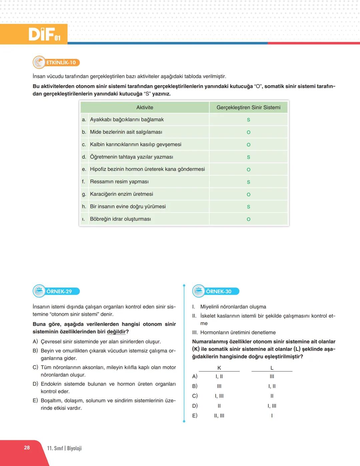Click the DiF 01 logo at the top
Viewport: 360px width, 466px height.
(44, 34)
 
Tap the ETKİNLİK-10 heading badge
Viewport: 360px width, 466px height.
(56, 62)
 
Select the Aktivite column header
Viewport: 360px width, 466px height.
(145, 107)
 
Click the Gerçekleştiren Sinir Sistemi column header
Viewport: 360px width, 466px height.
(248, 107)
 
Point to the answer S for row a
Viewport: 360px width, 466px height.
(248, 120)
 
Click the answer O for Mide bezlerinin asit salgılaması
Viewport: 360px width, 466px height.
(248, 132)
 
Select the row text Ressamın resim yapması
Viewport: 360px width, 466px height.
(119, 182)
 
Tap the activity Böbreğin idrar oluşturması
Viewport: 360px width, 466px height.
(120, 219)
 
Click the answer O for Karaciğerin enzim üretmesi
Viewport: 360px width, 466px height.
(248, 195)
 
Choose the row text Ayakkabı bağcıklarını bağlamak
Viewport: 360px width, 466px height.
(127, 120)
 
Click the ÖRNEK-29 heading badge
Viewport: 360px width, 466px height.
(57, 291)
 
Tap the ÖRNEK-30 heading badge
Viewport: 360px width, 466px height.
(216, 291)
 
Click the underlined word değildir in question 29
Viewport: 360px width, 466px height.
(116, 332)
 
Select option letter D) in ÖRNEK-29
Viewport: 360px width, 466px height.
(35, 384)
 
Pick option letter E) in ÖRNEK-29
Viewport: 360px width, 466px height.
(35, 401)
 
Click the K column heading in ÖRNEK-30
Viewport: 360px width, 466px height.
(219, 368)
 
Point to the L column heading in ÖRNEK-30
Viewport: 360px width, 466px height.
(272, 368)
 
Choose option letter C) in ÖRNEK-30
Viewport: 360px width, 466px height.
(195, 396)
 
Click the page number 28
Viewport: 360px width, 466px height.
(27, 448)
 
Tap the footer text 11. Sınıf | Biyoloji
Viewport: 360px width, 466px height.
(64, 448)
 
